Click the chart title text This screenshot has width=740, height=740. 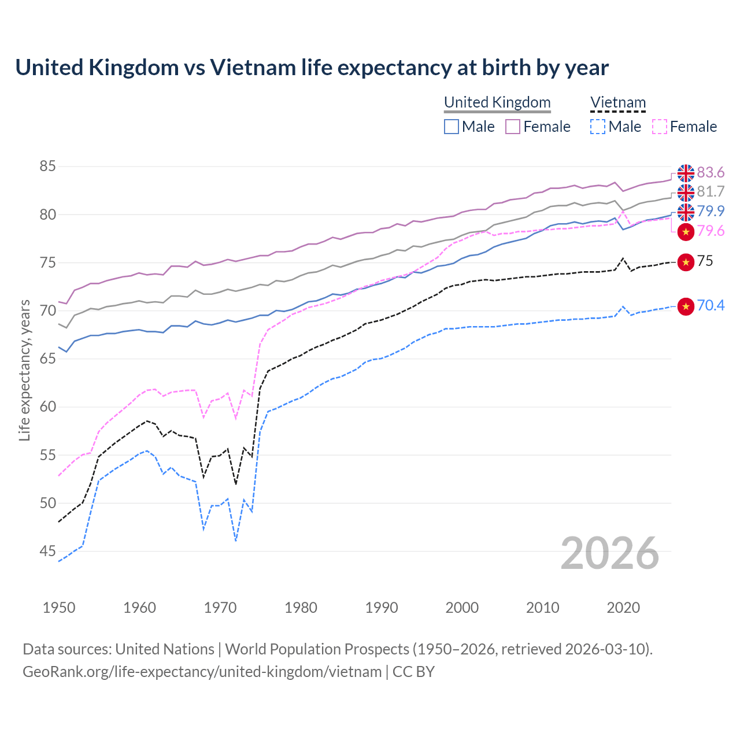tap(312, 68)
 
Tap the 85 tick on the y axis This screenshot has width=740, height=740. tap(47, 166)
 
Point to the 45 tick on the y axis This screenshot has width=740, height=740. tap(47, 552)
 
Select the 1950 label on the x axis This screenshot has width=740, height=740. tap(59, 608)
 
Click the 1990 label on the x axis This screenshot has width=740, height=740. tap(382, 608)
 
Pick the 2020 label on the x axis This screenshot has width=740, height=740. tap(623, 608)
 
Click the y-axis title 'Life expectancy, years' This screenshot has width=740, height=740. tap(24, 371)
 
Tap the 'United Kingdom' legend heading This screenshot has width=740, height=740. tap(497, 102)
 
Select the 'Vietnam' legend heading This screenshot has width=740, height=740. tap(617, 102)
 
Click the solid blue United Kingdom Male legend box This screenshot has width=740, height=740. tap(452, 127)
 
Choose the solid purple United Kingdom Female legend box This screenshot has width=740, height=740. tap(513, 127)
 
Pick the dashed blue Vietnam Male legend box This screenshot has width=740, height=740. tap(598, 127)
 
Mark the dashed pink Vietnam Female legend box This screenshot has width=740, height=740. tap(659, 127)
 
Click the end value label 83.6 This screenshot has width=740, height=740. tap(711, 173)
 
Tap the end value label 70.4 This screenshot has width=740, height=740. tap(711, 306)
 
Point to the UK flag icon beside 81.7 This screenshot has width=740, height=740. tap(686, 192)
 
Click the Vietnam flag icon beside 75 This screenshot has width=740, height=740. tap(686, 262)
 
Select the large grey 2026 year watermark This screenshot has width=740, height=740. tap(609, 553)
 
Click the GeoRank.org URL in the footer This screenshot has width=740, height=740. tap(202, 672)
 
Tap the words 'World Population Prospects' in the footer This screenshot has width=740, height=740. tap(317, 649)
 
